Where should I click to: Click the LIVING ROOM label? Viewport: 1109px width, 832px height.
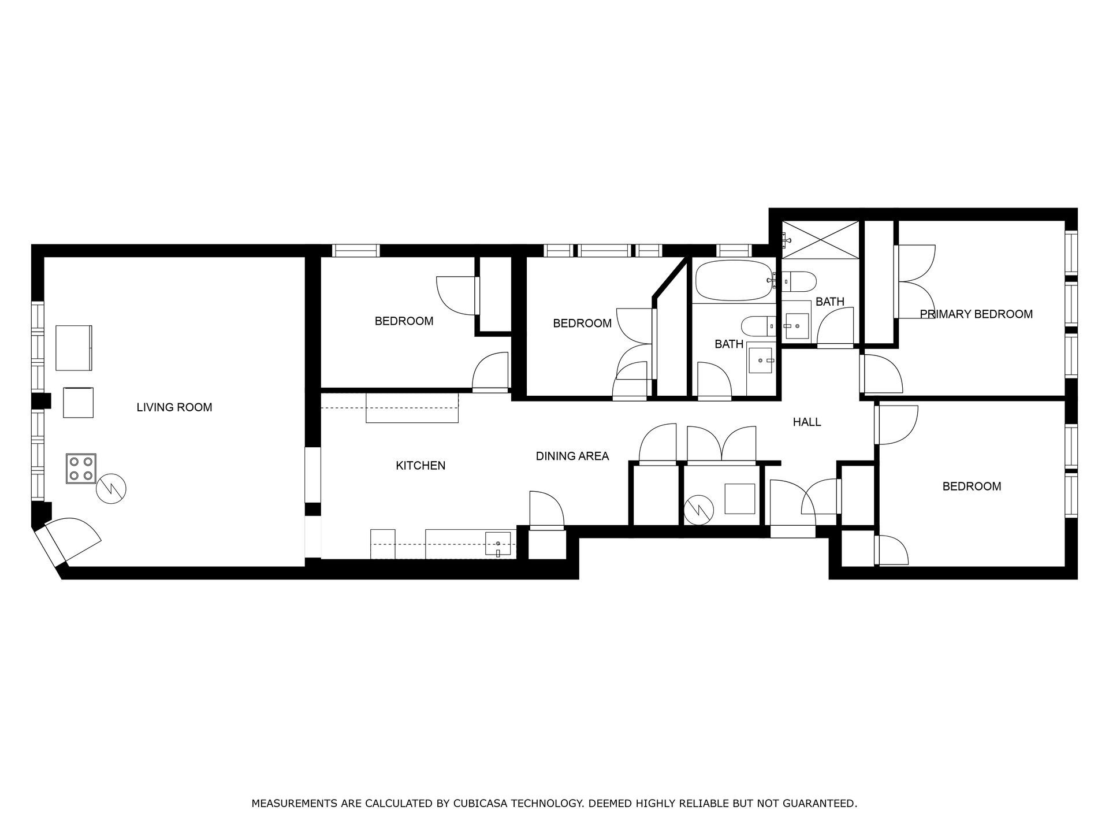point(174,407)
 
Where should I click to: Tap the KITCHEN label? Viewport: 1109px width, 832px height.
point(420,466)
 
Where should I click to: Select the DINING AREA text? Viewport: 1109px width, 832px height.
point(572,456)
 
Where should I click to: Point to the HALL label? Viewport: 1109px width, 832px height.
point(806,422)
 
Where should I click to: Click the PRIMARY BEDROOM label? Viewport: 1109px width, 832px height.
point(976,314)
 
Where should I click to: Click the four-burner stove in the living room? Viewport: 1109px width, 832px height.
point(81,469)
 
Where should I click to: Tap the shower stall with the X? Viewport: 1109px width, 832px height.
point(820,239)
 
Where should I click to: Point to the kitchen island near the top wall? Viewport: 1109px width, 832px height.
point(412,408)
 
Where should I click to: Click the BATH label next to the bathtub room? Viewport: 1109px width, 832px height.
point(728,344)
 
